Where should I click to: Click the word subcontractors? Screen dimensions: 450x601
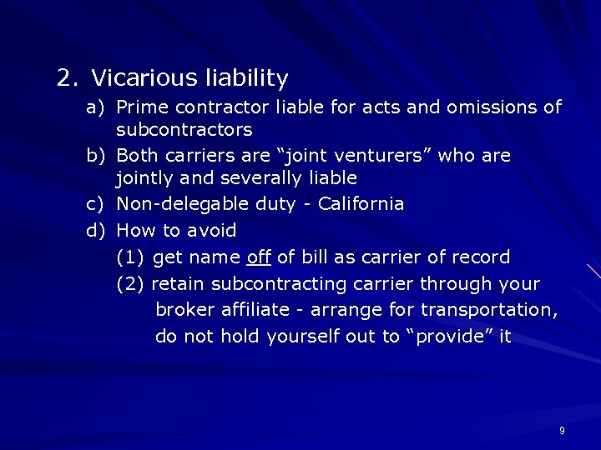(184, 130)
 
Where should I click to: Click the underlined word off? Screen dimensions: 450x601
(260, 257)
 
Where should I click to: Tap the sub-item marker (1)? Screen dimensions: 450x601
(131, 257)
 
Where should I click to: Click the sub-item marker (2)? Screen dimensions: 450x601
(131, 284)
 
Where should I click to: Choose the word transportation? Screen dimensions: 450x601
(489, 311)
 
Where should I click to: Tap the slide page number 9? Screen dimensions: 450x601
(562, 430)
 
